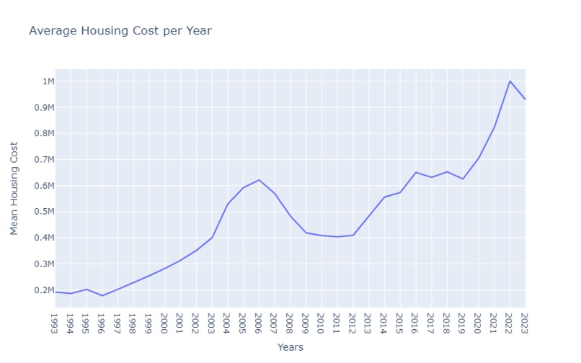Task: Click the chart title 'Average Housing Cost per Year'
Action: tap(120, 31)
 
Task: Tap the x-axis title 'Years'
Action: tap(290, 347)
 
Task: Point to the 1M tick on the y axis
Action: tap(48, 81)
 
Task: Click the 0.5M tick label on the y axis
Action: tap(45, 212)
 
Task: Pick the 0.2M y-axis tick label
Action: tap(45, 290)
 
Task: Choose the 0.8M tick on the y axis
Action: tap(45, 133)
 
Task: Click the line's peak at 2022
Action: tap(510, 81)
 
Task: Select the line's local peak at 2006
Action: tap(259, 180)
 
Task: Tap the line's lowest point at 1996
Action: tap(102, 295)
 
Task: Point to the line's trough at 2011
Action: tap(337, 237)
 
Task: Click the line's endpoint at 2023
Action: tap(525, 99)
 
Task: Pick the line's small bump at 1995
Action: tap(87, 289)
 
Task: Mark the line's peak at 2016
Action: tap(415, 172)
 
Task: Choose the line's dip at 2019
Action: tap(463, 179)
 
